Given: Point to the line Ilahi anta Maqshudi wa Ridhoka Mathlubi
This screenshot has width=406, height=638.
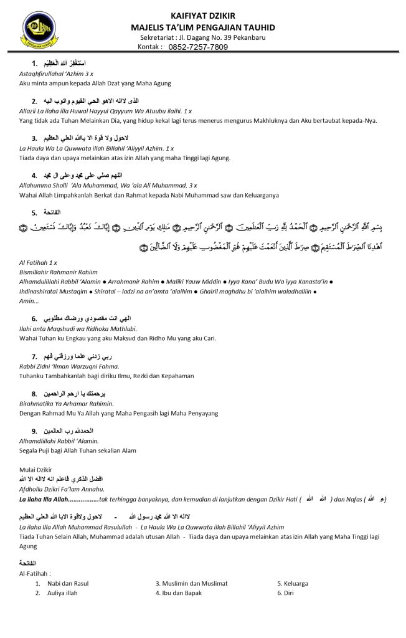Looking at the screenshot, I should (x=78, y=328).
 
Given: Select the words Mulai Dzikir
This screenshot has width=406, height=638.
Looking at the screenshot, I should (x=36, y=469).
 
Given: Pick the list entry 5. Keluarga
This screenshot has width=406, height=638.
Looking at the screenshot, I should (x=293, y=583).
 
